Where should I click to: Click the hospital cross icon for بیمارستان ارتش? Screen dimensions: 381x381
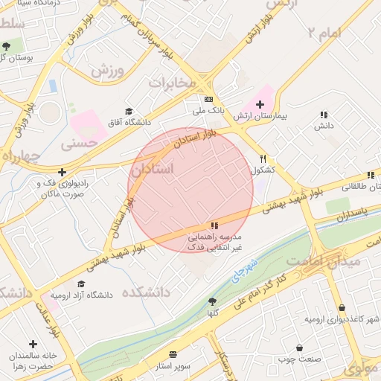click(260, 105)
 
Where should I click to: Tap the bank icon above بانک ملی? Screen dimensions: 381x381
click(208, 100)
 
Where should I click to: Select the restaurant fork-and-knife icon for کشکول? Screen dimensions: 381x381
click(263, 159)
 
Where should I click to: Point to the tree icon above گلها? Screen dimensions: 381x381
click(212, 301)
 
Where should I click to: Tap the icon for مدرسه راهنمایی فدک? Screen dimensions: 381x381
click(214, 225)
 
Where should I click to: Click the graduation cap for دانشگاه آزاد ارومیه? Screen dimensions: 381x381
click(80, 284)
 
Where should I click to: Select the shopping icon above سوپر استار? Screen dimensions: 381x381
click(173, 354)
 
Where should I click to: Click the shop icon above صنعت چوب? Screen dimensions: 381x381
click(299, 348)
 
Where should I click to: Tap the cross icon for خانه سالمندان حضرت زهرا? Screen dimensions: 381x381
click(33, 344)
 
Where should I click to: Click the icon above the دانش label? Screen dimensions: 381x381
click(323, 115)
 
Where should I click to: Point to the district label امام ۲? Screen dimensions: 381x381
click(326, 32)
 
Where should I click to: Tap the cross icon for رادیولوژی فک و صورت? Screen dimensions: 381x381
click(63, 172)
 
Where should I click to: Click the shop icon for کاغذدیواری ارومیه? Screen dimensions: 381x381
click(342, 308)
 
